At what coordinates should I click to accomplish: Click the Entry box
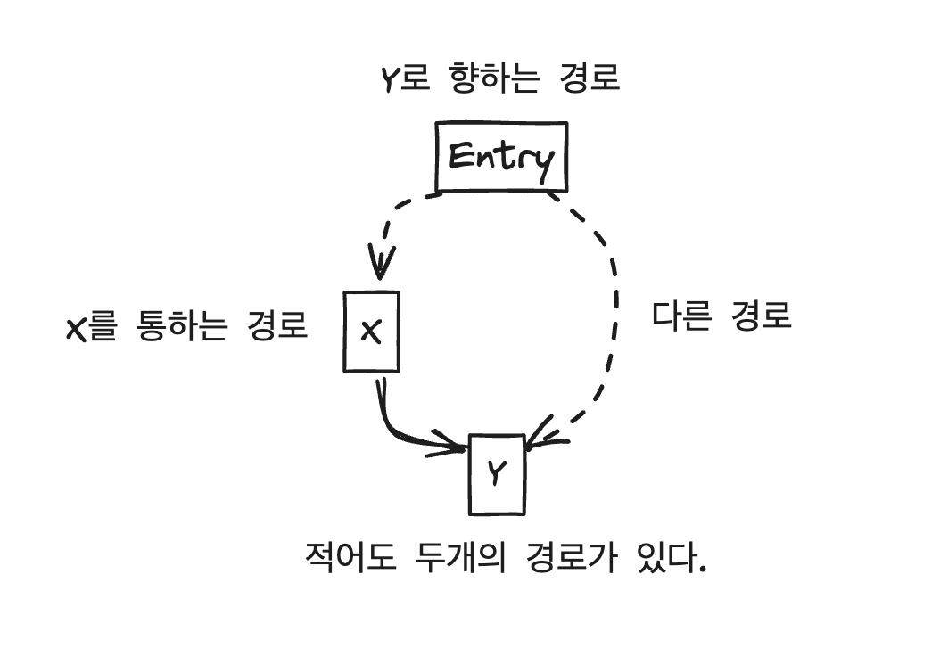[x=500, y=158]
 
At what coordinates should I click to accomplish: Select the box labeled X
[x=371, y=331]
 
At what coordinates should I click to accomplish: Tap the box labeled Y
[x=497, y=473]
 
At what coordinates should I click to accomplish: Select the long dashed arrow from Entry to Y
[x=612, y=303]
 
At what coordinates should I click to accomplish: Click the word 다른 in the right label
[x=682, y=315]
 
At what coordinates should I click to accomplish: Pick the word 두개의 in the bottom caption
[x=460, y=559]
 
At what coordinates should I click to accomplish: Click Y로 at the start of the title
[x=402, y=79]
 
